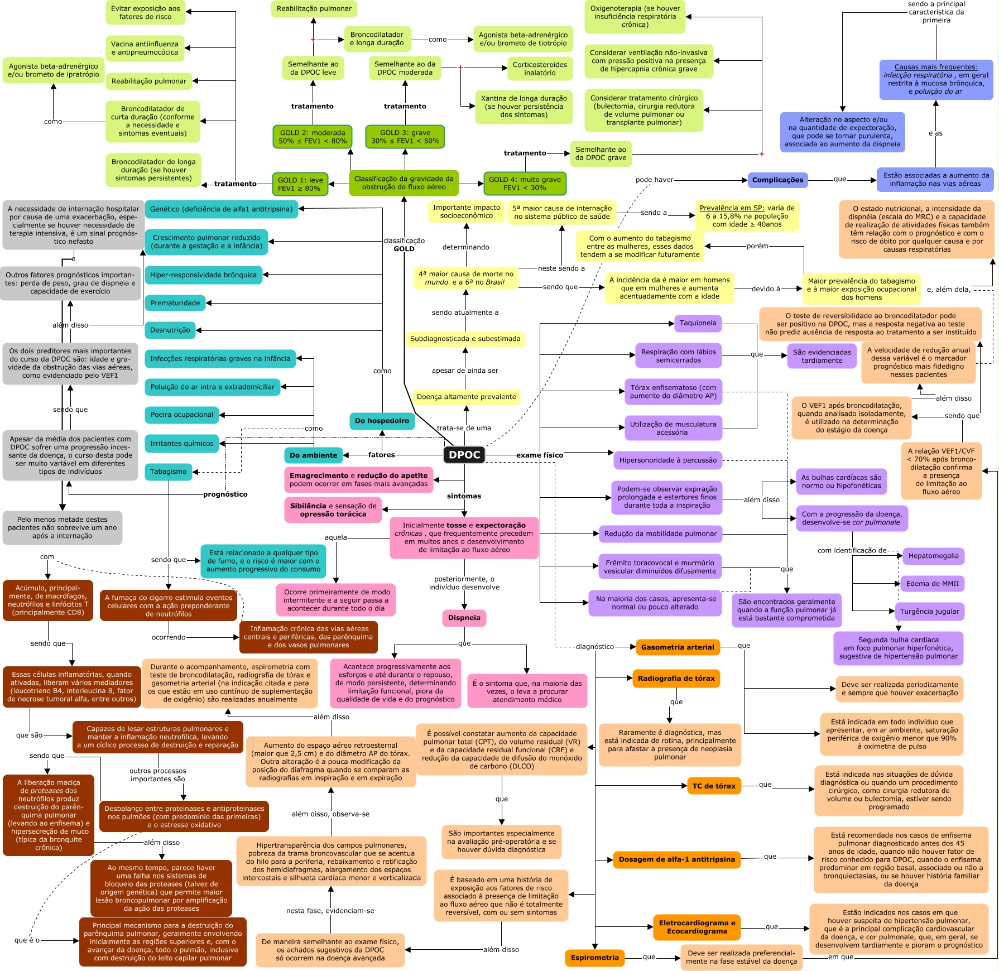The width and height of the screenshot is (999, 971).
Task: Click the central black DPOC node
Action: (464, 455)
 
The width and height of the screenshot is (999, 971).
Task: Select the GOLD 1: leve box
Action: (300, 184)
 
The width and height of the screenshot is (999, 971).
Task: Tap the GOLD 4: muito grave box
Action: (525, 184)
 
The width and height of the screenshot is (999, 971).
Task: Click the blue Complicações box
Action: (777, 180)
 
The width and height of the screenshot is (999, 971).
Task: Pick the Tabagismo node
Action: (168, 472)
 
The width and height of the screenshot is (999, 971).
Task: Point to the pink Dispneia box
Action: (464, 618)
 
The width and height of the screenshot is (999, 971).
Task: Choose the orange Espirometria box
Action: (594, 958)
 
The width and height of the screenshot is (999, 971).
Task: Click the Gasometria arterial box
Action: (678, 647)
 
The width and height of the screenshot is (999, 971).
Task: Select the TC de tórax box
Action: (714, 786)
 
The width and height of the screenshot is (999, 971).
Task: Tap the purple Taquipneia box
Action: (698, 323)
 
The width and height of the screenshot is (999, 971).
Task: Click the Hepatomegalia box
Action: (933, 556)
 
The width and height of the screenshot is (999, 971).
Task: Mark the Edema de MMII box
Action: (932, 584)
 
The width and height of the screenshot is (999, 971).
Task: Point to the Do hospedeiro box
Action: (382, 421)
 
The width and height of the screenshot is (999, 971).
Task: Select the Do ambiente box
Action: (313, 455)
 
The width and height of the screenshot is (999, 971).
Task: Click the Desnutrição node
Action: (170, 330)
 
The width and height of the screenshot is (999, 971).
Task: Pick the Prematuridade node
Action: (175, 303)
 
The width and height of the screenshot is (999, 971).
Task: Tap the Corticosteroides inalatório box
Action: (540, 69)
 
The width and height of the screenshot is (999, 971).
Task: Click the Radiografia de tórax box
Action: (676, 679)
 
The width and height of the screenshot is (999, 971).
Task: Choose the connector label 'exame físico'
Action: (540, 455)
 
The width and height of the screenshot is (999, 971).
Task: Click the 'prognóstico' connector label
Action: (225, 494)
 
